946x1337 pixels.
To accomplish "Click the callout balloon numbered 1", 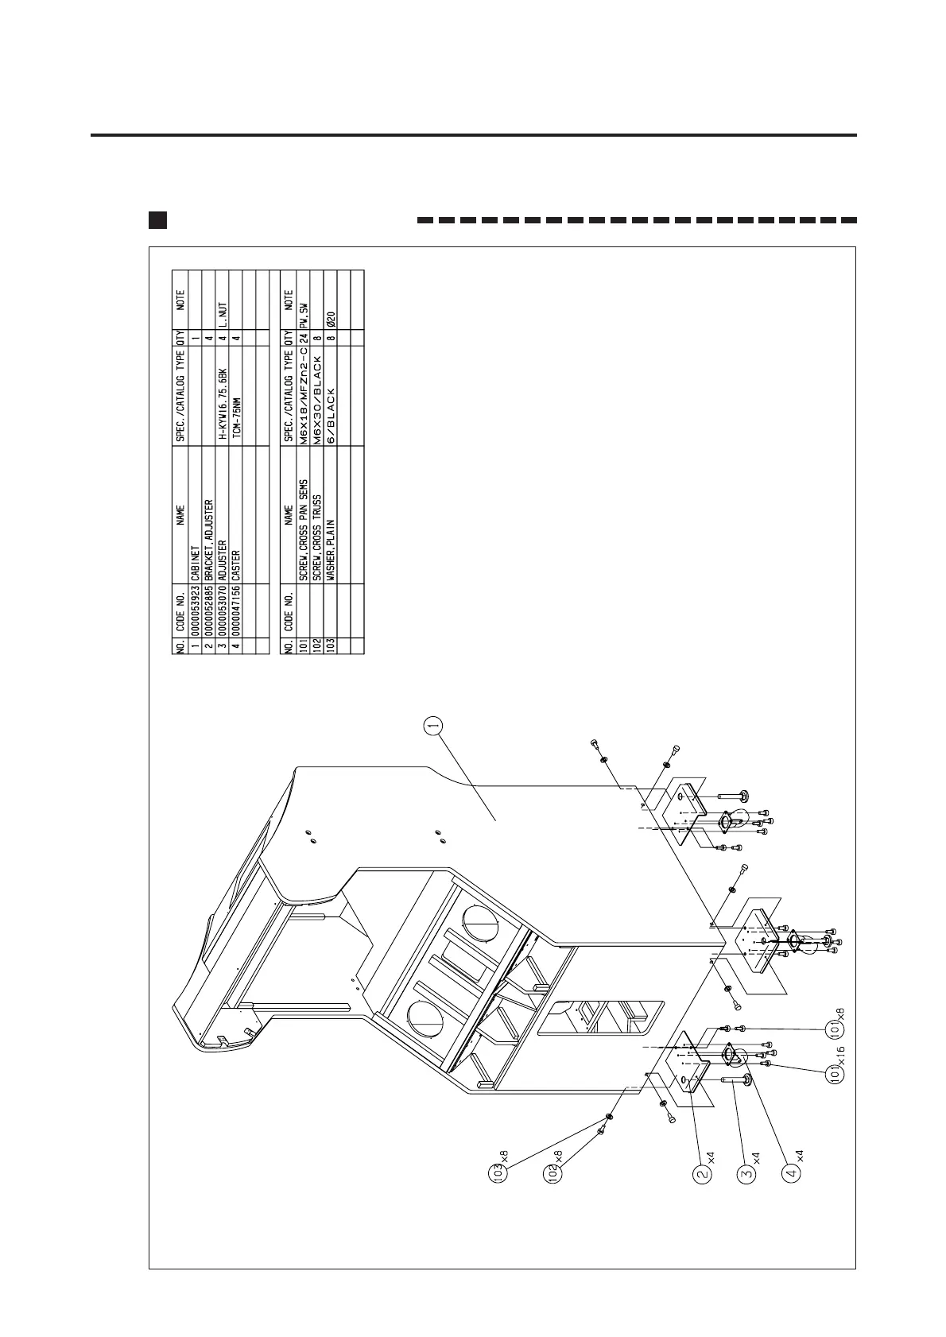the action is click(433, 724).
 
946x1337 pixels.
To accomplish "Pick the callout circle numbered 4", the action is click(790, 1172).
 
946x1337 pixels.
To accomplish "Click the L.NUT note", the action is click(221, 315).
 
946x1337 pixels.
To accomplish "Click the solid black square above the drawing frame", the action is click(157, 219).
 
